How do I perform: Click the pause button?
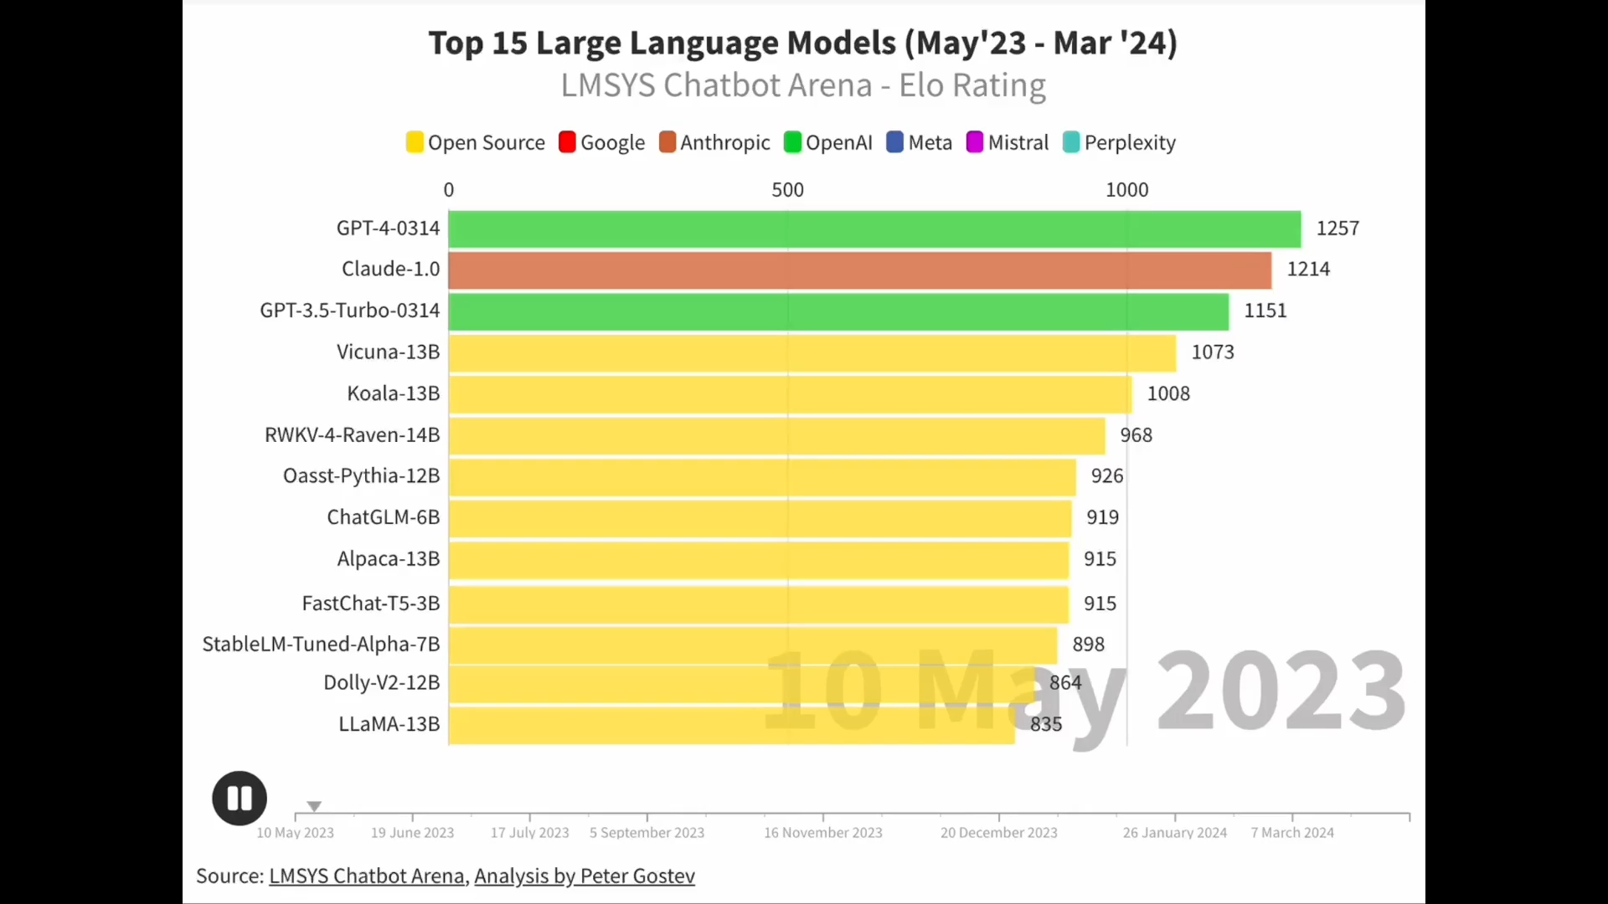pyautogui.click(x=240, y=799)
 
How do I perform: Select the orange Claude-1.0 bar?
pyautogui.click(x=859, y=270)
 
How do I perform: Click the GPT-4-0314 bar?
pyautogui.click(x=874, y=229)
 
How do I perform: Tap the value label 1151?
pyautogui.click(x=1265, y=311)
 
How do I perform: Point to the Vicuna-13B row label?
pyautogui.click(x=388, y=352)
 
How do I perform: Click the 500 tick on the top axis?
pyautogui.click(x=787, y=190)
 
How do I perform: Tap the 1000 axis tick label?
pyautogui.click(x=1126, y=190)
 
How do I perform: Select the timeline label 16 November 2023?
pyautogui.click(x=822, y=833)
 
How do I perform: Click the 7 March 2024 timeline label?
pyautogui.click(x=1291, y=833)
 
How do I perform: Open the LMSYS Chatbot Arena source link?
pyautogui.click(x=367, y=876)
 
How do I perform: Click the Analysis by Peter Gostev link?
pyautogui.click(x=585, y=876)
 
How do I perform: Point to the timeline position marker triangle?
pyautogui.click(x=314, y=806)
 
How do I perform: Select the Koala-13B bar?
pyautogui.click(x=790, y=394)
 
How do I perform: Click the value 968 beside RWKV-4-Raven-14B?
pyautogui.click(x=1136, y=435)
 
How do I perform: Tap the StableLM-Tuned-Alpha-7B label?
pyautogui.click(x=321, y=645)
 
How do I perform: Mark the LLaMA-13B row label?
pyautogui.click(x=389, y=724)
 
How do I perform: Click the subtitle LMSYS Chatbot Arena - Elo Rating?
pyautogui.click(x=803, y=85)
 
